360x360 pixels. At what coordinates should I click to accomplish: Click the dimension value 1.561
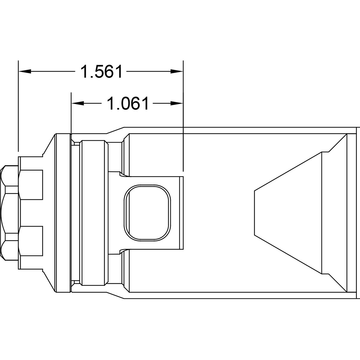[x=102, y=72]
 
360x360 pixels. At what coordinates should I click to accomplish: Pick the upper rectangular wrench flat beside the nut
[x=31, y=184]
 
